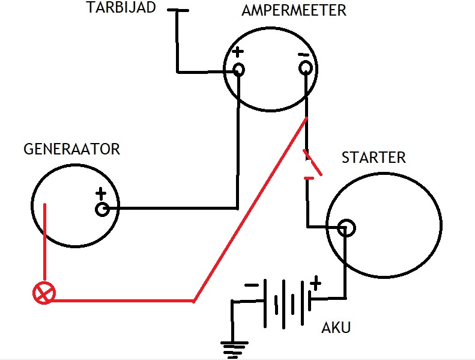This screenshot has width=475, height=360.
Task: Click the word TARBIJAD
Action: coord(121,7)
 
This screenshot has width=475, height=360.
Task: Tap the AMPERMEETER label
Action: coord(294,10)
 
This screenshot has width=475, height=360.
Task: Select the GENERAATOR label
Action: coord(72,149)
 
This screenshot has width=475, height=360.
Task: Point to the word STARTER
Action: coord(374,157)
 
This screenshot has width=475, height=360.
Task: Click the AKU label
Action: coord(336,328)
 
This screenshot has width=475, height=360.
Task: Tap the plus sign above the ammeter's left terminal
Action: coord(238,52)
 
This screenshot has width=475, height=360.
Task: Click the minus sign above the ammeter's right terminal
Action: coord(303,55)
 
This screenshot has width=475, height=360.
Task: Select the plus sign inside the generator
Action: coord(101,193)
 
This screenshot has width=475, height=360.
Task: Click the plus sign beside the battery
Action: coord(315,283)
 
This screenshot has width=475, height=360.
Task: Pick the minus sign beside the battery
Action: coord(252,285)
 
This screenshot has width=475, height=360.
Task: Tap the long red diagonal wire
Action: coord(250,209)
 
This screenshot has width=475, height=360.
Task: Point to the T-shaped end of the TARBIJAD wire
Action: coord(178,10)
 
